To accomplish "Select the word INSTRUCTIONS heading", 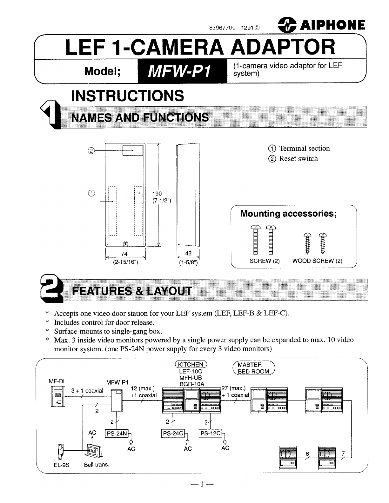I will tap(128, 96).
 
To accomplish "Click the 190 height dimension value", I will tap(157, 194).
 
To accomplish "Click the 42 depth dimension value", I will tap(188, 254).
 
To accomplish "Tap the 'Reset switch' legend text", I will tap(298, 159).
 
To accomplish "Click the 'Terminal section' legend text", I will tap(304, 149).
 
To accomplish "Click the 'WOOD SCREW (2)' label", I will tap(317, 261).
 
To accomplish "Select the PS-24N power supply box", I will tap(117, 434).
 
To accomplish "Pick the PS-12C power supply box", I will tap(210, 434).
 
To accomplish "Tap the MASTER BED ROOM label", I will tap(253, 368).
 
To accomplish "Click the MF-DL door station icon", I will tap(57, 397).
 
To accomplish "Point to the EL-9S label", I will tap(62, 465).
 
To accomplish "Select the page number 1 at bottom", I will tap(201, 484).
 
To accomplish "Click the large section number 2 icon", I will tap(50, 289).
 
